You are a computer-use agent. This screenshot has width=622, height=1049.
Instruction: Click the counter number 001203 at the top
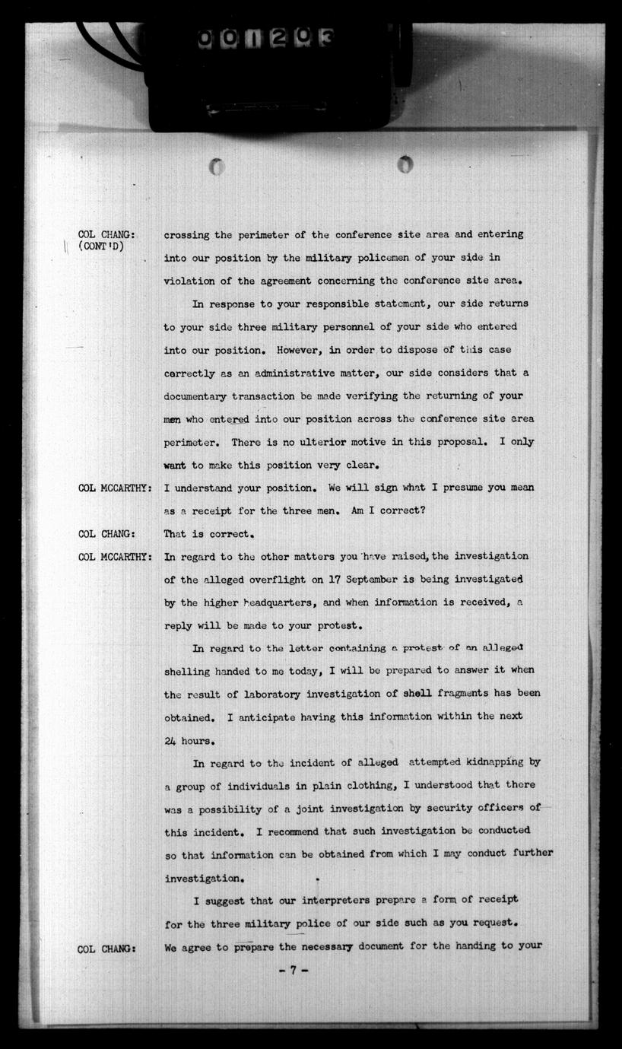click(x=266, y=37)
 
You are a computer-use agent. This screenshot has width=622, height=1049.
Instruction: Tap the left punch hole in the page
click(x=217, y=167)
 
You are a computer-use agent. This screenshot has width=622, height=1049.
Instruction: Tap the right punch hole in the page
click(x=405, y=164)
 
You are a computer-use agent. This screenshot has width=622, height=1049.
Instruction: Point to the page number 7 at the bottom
click(x=293, y=971)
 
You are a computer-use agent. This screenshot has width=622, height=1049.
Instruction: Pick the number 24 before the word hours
click(x=171, y=740)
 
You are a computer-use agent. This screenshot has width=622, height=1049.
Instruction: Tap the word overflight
click(x=272, y=580)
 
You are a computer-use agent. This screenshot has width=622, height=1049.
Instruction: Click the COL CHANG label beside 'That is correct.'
click(x=106, y=534)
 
